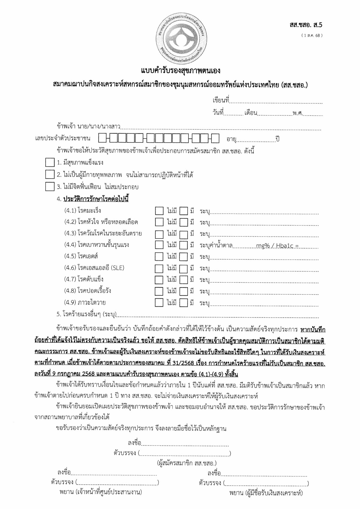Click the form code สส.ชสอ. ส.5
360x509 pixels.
click(306, 25)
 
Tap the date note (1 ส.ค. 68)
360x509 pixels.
click(312, 35)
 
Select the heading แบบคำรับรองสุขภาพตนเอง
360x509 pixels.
click(181, 71)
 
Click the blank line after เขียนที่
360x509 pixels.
click(276, 101)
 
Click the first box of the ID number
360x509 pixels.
click(102, 138)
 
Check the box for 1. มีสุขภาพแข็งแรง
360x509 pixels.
click(49, 163)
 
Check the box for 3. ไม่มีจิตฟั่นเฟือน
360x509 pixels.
click(49, 187)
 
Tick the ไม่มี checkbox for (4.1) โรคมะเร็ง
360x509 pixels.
click(159, 211)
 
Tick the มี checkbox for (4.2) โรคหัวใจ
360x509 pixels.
click(184, 222)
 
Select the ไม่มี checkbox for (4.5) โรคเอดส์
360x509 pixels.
click(159, 257)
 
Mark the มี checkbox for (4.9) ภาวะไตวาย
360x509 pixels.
click(184, 303)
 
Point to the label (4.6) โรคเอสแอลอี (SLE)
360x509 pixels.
click(94, 268)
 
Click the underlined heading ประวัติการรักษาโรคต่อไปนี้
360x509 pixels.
click(96, 199)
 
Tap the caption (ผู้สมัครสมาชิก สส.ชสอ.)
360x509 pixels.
click(187, 463)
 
